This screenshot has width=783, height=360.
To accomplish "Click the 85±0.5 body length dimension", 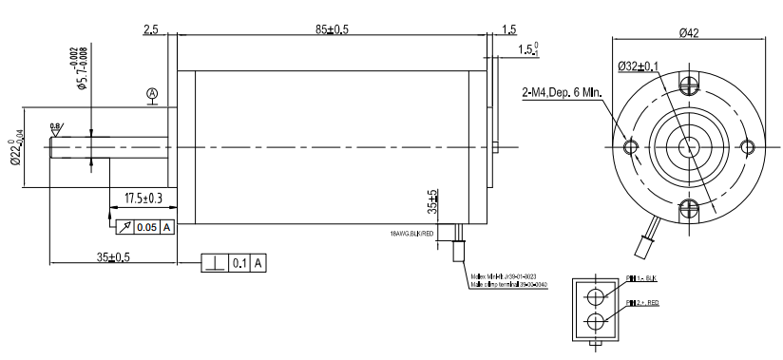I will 332,29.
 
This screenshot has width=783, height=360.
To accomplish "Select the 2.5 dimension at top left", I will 151,29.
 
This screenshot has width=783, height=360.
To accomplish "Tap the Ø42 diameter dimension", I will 689,33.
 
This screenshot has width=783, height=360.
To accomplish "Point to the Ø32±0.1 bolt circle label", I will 638,66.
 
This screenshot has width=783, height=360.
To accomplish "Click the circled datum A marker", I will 152,93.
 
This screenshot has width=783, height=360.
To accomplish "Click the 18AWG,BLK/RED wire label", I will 411,233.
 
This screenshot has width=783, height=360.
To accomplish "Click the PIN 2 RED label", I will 644,303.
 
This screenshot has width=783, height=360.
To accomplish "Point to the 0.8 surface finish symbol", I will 56,127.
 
